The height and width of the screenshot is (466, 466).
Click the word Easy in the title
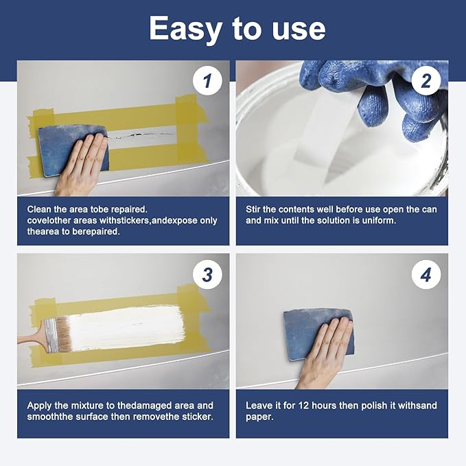pos(185,28)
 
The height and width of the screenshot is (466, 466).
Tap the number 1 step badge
pos(207,80)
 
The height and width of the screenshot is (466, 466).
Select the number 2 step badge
pos(426,80)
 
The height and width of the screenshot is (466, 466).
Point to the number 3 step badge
pos(207,275)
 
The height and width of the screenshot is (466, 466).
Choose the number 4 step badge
pos(426,275)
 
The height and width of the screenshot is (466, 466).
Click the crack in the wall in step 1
pos(141,135)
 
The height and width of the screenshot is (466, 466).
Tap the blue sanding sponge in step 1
pos(73,151)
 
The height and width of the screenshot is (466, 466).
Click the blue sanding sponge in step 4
pos(318,334)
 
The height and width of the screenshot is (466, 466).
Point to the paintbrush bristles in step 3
pos(64,334)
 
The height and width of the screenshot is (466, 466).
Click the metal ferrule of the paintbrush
pos(51,336)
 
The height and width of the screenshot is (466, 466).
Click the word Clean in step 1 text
pos(39,209)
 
